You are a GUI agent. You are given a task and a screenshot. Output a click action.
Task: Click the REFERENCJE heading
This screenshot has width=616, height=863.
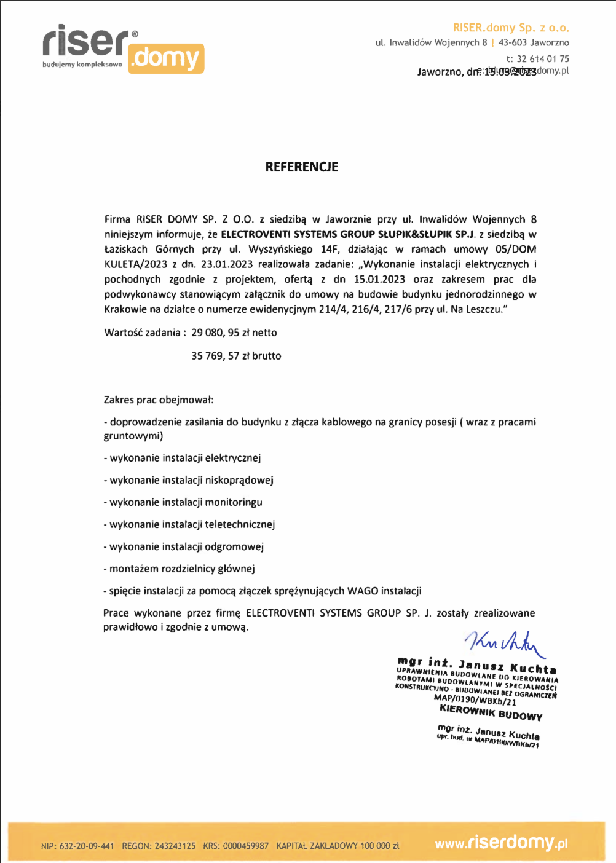[x=301, y=167]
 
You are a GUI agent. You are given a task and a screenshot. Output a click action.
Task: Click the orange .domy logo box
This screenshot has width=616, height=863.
[x=166, y=59]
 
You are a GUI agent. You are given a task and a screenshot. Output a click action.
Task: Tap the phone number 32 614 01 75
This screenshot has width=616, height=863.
[x=543, y=59]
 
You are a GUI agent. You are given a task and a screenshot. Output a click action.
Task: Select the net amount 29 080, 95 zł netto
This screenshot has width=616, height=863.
[x=234, y=333]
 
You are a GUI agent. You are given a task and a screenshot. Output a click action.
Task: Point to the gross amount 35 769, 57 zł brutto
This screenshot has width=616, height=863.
[x=236, y=356]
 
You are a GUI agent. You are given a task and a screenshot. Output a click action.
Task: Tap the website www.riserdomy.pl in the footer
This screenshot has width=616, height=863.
[x=501, y=843]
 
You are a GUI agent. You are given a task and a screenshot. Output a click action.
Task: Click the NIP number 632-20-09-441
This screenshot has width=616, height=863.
[x=87, y=846]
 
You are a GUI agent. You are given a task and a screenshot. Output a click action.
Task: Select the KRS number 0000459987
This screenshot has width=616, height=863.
[x=246, y=846]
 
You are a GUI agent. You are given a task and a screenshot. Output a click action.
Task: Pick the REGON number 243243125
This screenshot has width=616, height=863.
[x=175, y=846]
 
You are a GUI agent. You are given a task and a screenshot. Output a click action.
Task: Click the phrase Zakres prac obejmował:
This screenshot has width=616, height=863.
[x=159, y=400]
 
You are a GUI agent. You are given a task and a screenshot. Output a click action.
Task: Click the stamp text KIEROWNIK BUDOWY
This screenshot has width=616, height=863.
[x=491, y=712]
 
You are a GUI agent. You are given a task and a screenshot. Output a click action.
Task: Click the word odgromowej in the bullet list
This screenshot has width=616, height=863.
[x=234, y=546]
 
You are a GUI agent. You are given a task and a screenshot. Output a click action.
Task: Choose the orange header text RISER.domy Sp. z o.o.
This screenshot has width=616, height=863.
[x=510, y=28]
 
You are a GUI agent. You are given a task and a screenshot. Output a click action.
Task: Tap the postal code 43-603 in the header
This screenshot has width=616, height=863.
[x=512, y=43]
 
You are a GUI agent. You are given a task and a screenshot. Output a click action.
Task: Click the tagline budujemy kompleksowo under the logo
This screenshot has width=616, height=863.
[x=82, y=65]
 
